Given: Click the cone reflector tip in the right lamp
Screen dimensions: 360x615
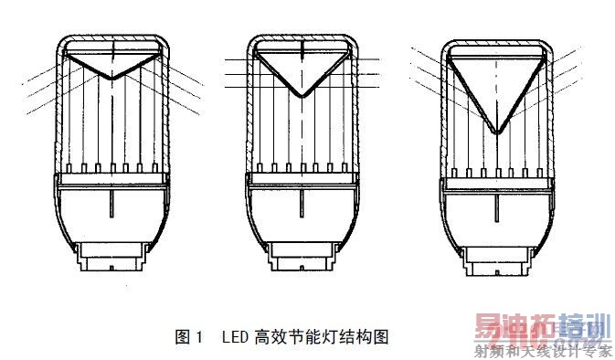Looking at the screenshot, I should pyautogui.click(x=496, y=133).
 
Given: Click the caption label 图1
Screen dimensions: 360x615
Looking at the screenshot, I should pyautogui.click(x=187, y=337).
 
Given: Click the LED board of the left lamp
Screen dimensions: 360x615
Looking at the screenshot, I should pyautogui.click(x=111, y=175).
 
